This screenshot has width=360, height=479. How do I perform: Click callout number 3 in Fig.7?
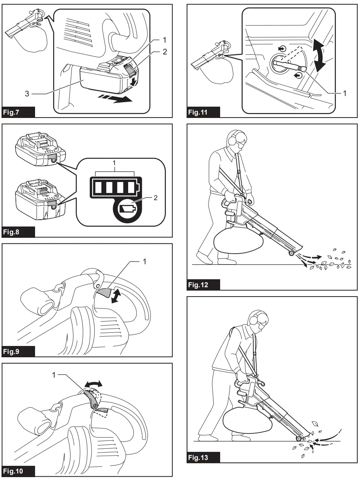tap(27, 93)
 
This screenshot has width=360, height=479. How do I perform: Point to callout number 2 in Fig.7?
tap(165, 52)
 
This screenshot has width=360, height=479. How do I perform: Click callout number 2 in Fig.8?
tap(155, 197)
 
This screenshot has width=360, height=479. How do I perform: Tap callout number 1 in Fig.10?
tap(54, 375)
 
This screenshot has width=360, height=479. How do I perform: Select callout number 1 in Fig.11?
tap(344, 93)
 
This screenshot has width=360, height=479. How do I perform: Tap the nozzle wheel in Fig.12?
tap(291, 254)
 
